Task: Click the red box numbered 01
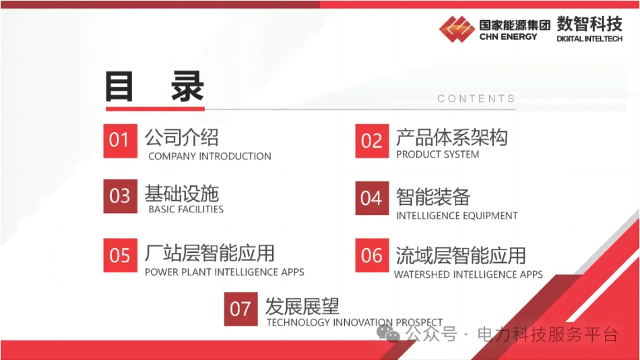point(121,141)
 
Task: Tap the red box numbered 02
point(372,141)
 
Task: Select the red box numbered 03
point(121,196)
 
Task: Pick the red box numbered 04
point(372,198)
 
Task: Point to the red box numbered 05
point(121,256)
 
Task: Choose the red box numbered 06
point(372,256)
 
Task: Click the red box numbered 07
point(241,309)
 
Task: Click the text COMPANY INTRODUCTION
point(210,156)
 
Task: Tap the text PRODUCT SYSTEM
point(437,154)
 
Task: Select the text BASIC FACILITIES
point(186,209)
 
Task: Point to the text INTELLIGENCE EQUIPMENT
point(457,215)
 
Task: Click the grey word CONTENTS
point(476,98)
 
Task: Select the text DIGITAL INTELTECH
point(589,39)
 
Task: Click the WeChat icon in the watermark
point(388,334)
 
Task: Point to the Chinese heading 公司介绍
point(182,138)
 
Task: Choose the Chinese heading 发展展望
point(302,306)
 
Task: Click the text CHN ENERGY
point(508,37)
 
